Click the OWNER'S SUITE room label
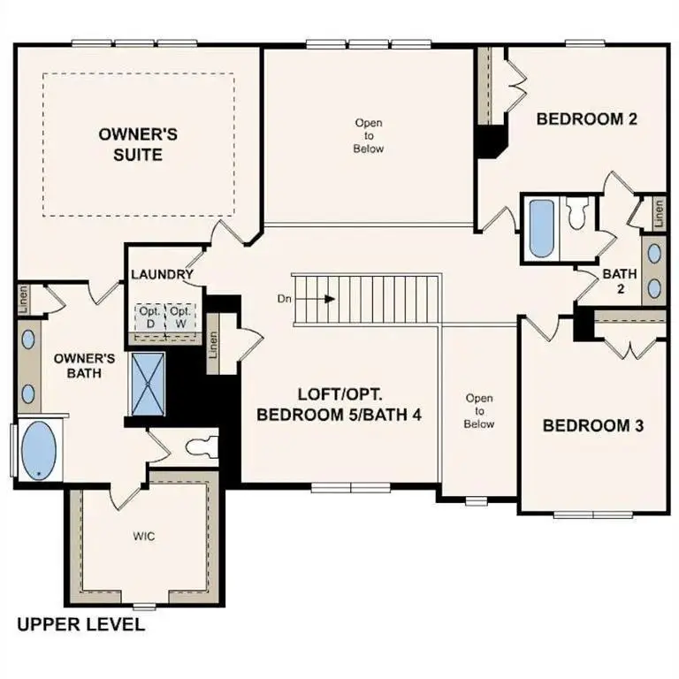coord(138,144)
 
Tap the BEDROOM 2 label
coord(587,119)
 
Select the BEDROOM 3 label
coord(592,425)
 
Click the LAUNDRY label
coord(162,274)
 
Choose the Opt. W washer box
coord(180,317)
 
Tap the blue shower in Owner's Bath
coord(143,383)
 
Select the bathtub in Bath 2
coord(541,228)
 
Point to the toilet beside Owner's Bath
coord(200,446)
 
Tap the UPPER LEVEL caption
coord(80,625)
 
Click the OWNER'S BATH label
coord(85,366)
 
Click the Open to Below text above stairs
coord(369,136)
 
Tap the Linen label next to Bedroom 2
coord(659,212)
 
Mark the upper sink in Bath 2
coord(655,253)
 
